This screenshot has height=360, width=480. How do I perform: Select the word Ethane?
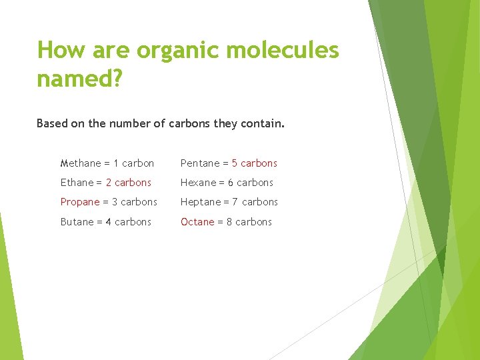[x=77, y=183]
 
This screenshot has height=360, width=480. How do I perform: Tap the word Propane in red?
[x=80, y=202]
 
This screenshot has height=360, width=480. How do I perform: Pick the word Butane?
[x=77, y=222]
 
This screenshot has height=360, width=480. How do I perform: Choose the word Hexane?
[x=199, y=183]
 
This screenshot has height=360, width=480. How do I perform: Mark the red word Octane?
[x=197, y=222]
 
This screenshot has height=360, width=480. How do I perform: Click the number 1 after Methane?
[x=116, y=163]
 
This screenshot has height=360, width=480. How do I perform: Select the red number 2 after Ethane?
[x=109, y=183]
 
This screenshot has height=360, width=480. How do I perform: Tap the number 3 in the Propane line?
[x=115, y=202]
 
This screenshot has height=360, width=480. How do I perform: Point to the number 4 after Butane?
[x=109, y=222]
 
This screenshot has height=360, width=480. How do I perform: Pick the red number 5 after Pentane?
[x=235, y=163]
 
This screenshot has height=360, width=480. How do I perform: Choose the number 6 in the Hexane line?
[x=231, y=183]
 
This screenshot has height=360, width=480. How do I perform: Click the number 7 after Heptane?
[x=235, y=202]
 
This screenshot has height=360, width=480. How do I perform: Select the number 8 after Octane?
[x=229, y=222]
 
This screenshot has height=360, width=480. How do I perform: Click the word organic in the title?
[x=172, y=51]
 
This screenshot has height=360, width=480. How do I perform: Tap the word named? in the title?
[x=79, y=79]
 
